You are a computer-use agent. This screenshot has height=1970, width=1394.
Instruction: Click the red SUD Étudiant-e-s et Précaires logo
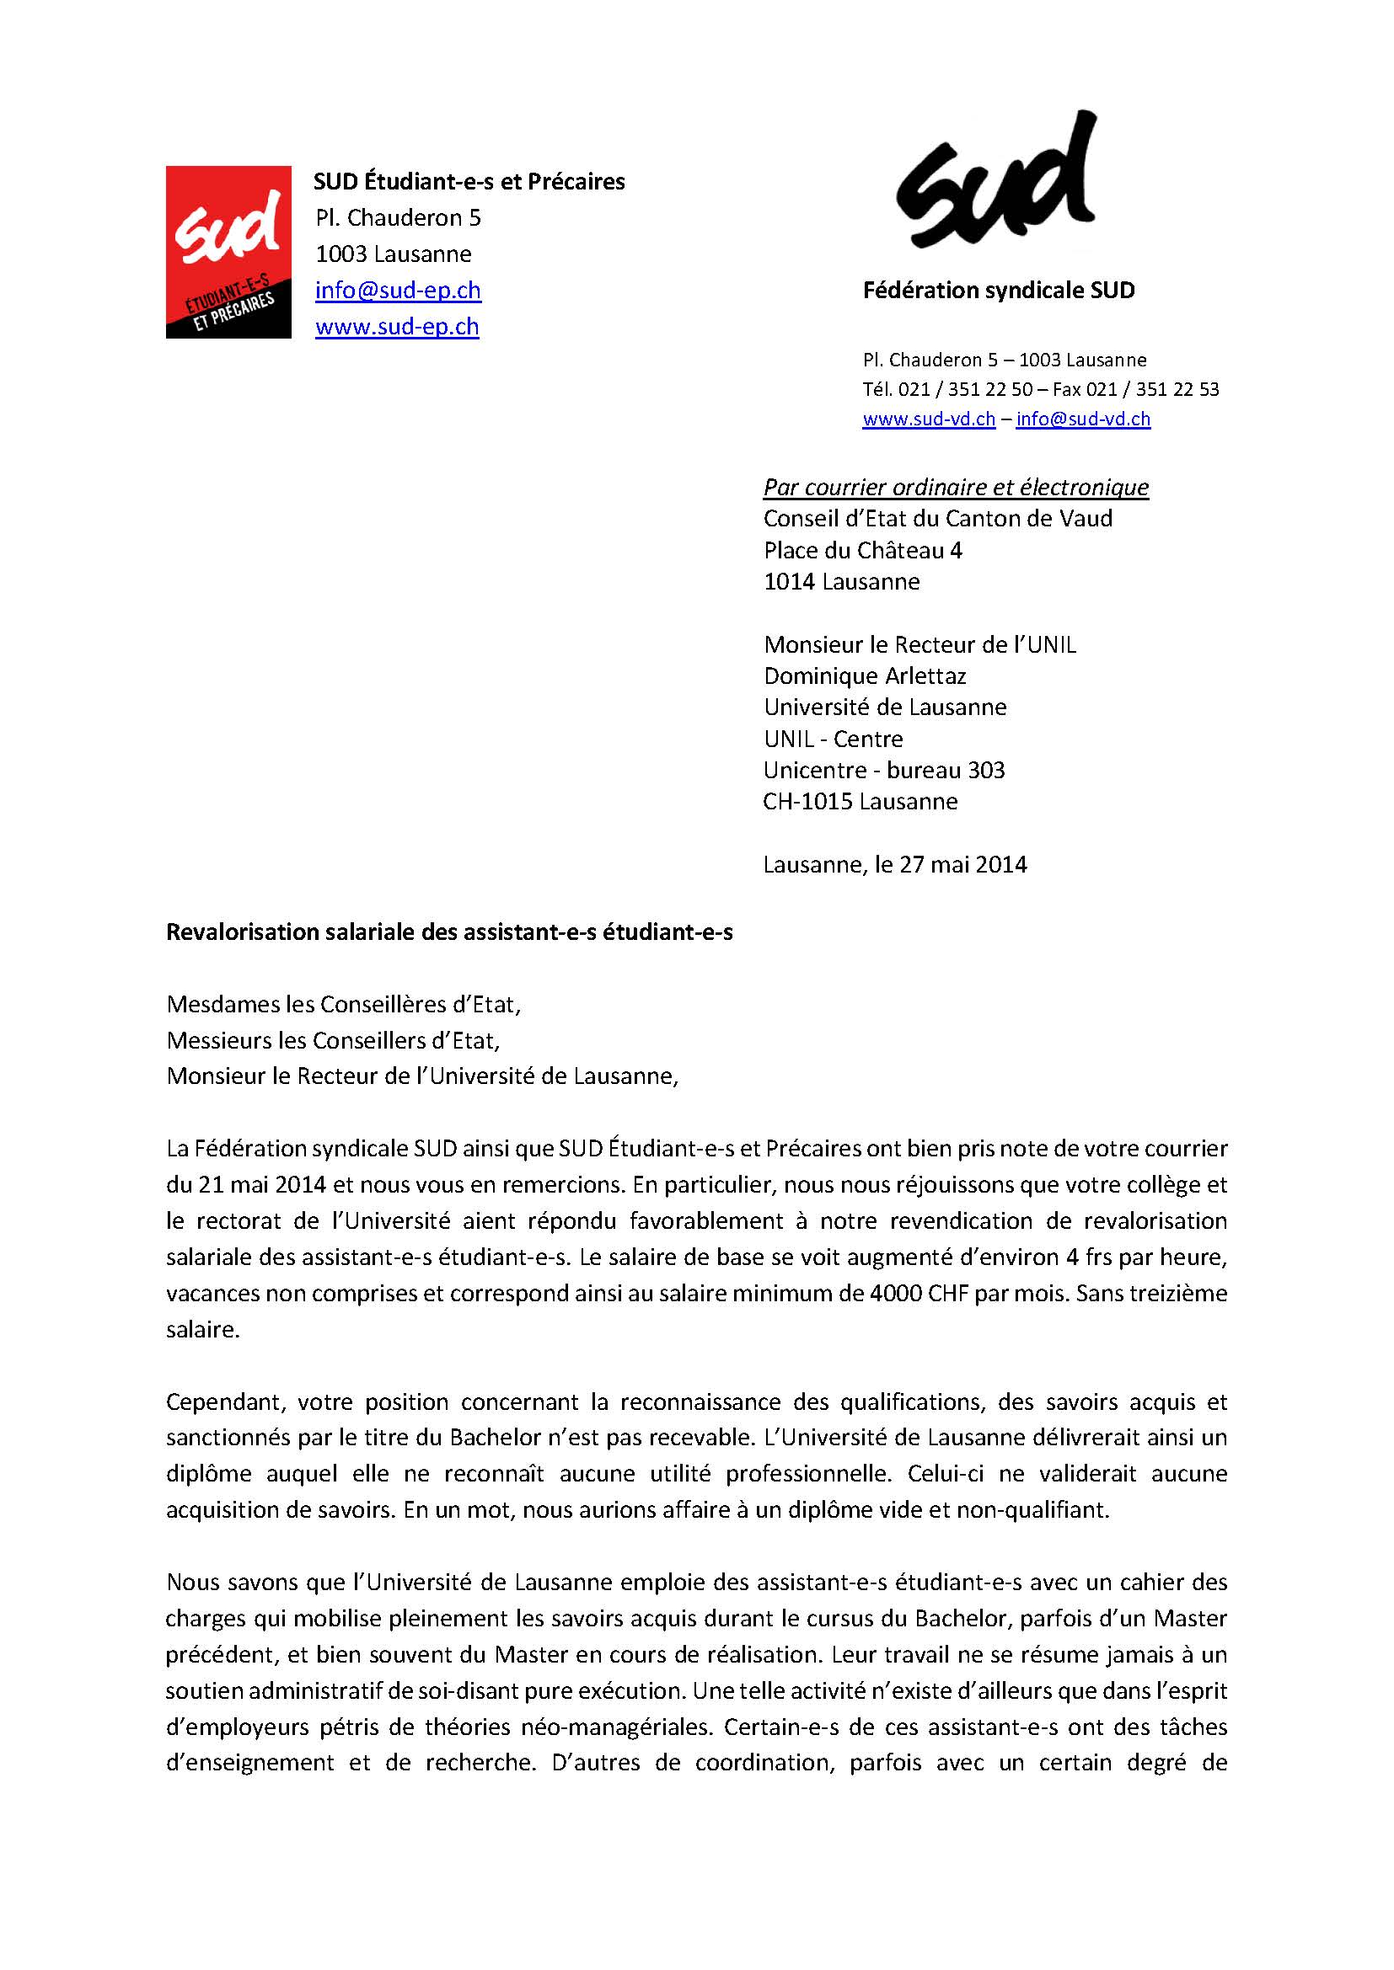(228, 253)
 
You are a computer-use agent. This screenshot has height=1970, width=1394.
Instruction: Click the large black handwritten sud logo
(995, 182)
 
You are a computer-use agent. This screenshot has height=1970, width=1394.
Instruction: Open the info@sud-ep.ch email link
(398, 290)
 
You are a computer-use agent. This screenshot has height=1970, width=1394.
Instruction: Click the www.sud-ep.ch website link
(397, 327)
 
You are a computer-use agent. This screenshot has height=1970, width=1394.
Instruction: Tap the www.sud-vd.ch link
(929, 419)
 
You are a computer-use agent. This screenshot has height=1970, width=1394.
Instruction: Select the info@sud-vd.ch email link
(1082, 419)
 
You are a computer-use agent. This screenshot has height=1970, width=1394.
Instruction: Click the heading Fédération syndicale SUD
(998, 290)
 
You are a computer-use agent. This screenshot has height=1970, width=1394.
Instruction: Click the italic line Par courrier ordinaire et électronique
(956, 488)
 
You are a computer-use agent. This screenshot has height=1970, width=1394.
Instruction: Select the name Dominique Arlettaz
(865, 676)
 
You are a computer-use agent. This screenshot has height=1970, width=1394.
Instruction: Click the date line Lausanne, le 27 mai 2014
(894, 864)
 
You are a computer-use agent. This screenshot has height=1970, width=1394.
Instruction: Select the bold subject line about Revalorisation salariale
(449, 932)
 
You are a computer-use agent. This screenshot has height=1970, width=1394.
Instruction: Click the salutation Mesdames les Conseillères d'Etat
(343, 1004)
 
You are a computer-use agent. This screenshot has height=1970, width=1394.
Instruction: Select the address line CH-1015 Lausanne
(861, 801)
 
